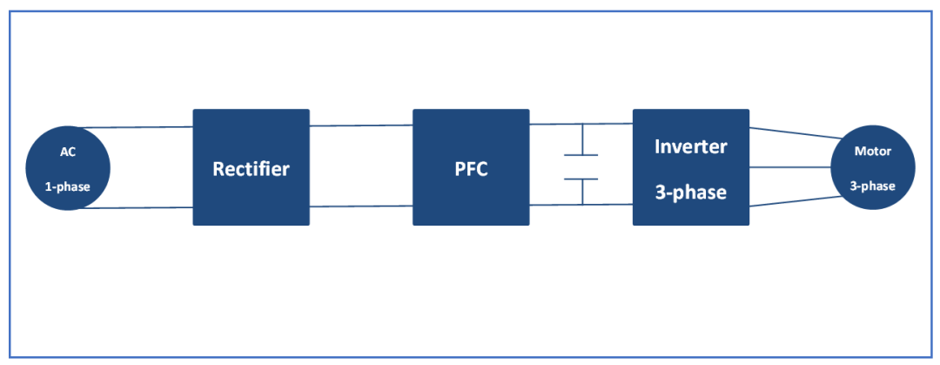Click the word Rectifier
251,168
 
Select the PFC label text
471,168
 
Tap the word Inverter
690,145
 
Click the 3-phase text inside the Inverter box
690,192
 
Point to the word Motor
872,151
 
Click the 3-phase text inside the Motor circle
872,186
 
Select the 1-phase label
68,186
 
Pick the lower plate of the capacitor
581,179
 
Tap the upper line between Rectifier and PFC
360,125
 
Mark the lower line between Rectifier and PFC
360,206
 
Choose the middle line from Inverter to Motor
790,166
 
